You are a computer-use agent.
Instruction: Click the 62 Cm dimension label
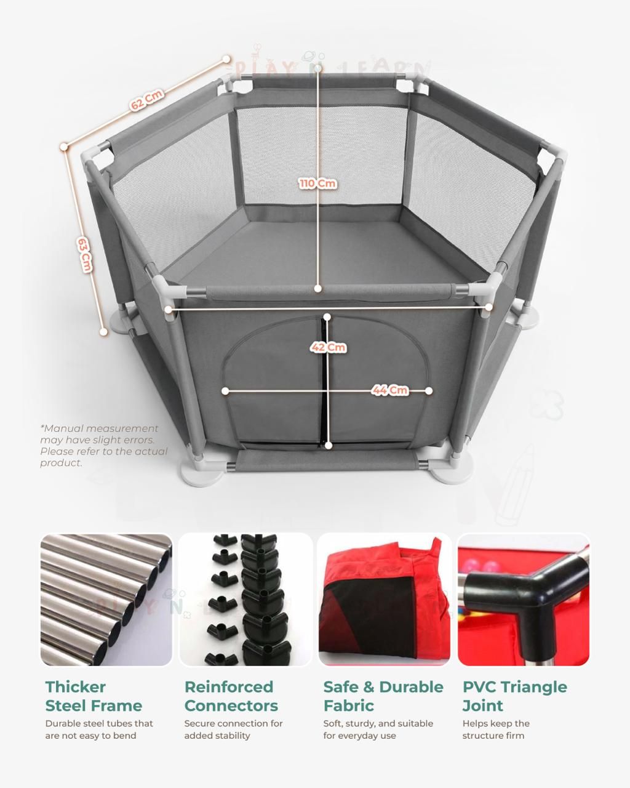146,100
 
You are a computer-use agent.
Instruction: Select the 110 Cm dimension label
317,183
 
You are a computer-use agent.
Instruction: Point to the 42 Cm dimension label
328,347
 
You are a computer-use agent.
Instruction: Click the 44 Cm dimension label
389,390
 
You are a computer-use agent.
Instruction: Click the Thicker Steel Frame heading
94,696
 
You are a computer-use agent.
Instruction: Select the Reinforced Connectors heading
231,696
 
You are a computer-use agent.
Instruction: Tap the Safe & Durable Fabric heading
383,696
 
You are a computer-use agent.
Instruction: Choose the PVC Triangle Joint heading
514,696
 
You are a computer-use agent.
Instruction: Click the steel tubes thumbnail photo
106,600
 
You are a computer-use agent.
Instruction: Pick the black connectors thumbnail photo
246,600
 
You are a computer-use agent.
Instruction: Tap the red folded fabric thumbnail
384,600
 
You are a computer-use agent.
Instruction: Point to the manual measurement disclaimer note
103,445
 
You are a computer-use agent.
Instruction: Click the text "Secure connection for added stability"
233,730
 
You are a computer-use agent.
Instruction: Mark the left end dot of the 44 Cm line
225,391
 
